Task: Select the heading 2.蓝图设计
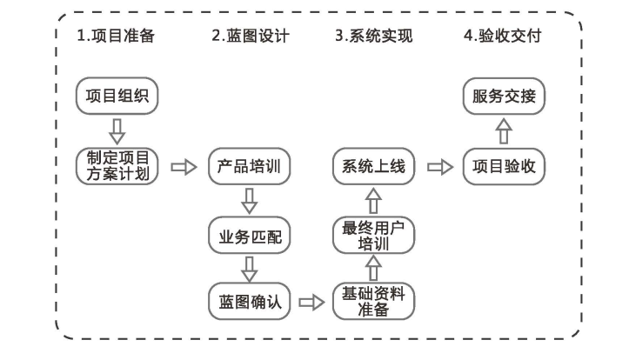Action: pyautogui.click(x=250, y=37)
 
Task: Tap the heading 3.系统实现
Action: pyautogui.click(x=374, y=37)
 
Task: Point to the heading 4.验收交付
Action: pyautogui.click(x=504, y=37)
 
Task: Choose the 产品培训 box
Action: pyautogui.click(x=250, y=166)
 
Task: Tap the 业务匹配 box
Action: pyautogui.click(x=250, y=235)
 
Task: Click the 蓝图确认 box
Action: pyautogui.click(x=250, y=303)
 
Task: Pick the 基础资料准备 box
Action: pyautogui.click(x=374, y=303)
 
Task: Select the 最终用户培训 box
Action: pyautogui.click(x=374, y=235)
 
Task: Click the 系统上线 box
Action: pyautogui.click(x=374, y=166)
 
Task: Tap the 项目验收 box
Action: pyautogui.click(x=504, y=166)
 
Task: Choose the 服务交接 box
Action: pyautogui.click(x=504, y=96)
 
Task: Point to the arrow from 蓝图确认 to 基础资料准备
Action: pyautogui.click(x=311, y=303)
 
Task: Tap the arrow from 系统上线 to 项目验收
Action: pyautogui.click(x=440, y=166)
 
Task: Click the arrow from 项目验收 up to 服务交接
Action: pyautogui.click(x=504, y=131)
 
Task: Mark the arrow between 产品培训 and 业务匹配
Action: pyautogui.click(x=250, y=201)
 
